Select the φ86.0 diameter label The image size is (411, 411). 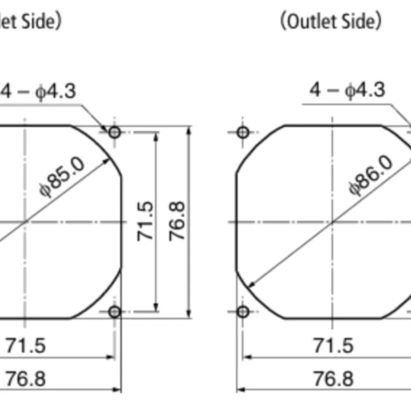[371, 175]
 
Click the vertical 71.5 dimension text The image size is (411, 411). [145, 221]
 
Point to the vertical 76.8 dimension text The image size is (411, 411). [177, 221]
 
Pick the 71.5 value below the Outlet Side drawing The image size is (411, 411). [333, 346]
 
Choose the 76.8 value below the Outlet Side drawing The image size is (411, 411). [333, 379]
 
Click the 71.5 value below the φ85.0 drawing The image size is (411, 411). [25, 346]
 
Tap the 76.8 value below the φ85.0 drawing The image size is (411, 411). [25, 379]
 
